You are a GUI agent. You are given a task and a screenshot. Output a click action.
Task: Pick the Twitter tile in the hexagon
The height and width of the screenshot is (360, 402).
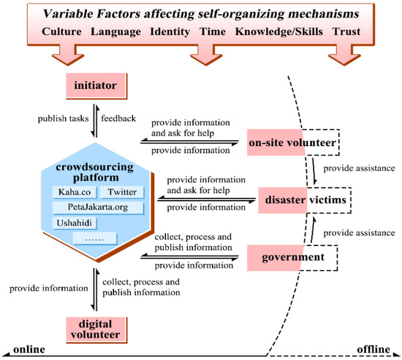(121, 193)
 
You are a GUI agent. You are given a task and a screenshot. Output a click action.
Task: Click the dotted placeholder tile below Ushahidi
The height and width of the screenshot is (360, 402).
(97, 237)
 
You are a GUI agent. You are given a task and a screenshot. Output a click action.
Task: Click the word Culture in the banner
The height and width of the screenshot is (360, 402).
(67, 33)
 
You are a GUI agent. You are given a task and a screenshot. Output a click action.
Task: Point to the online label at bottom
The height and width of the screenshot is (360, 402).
(23, 349)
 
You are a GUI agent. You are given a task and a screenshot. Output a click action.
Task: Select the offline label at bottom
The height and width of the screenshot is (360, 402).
(376, 349)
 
